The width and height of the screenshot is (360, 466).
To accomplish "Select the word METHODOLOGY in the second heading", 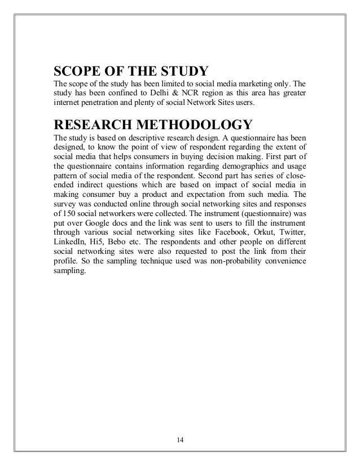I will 192,124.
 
